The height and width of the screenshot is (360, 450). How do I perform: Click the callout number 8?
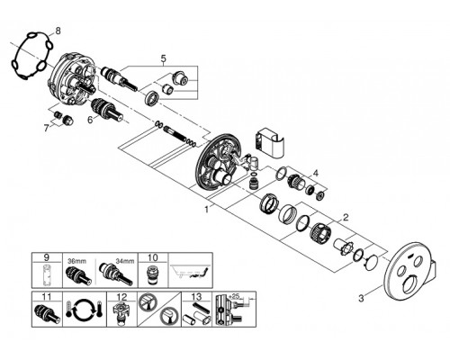(x=58, y=31)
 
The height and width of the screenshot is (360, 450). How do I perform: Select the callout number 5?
(x=163, y=58)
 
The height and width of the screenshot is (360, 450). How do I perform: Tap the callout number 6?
(x=90, y=120)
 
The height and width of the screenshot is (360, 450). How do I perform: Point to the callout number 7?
(x=46, y=129)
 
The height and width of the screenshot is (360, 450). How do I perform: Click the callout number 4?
(x=315, y=173)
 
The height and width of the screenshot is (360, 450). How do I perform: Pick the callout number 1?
(x=207, y=210)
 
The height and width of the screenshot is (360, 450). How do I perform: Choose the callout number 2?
(x=346, y=218)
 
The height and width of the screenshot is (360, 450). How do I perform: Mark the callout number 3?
(x=361, y=299)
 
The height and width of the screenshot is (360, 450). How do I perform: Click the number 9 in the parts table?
(x=47, y=257)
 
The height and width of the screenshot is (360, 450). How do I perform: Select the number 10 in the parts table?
(x=153, y=257)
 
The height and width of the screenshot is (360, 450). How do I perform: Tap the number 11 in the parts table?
(x=47, y=297)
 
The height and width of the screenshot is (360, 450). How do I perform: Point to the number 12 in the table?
(x=121, y=297)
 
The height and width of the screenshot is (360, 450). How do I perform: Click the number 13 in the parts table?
(x=196, y=297)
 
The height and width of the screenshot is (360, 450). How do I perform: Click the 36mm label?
(x=76, y=261)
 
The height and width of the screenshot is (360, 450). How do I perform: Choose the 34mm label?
(x=125, y=261)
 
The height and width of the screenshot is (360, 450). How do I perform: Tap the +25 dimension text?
(x=235, y=296)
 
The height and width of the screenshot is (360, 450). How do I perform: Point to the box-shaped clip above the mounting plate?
(x=269, y=143)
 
